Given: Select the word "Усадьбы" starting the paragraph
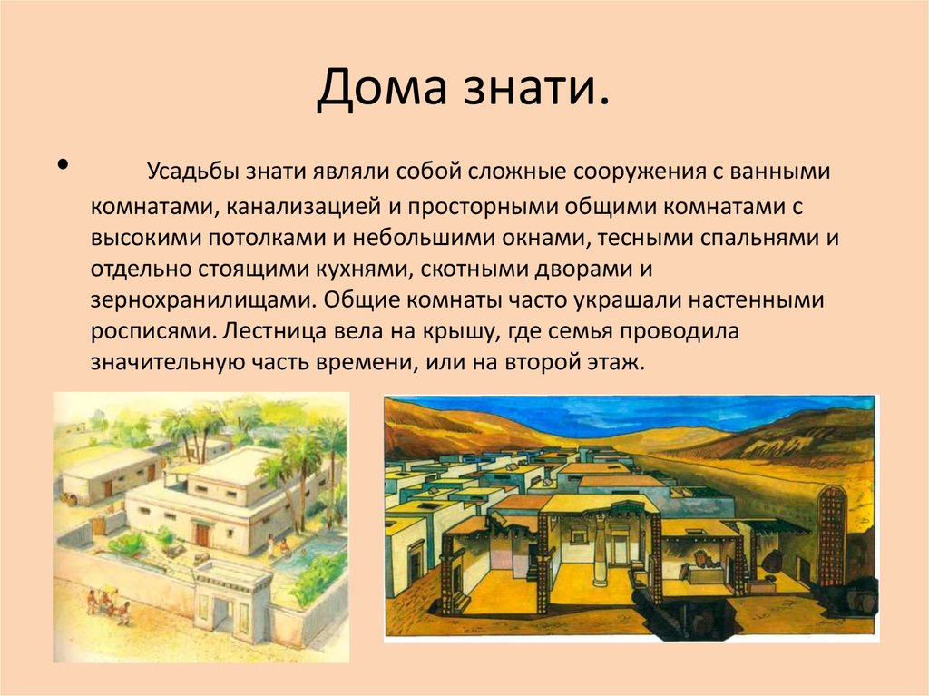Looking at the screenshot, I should pyautogui.click(x=190, y=172).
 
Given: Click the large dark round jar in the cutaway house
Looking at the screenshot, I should pyautogui.click(x=773, y=561).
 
